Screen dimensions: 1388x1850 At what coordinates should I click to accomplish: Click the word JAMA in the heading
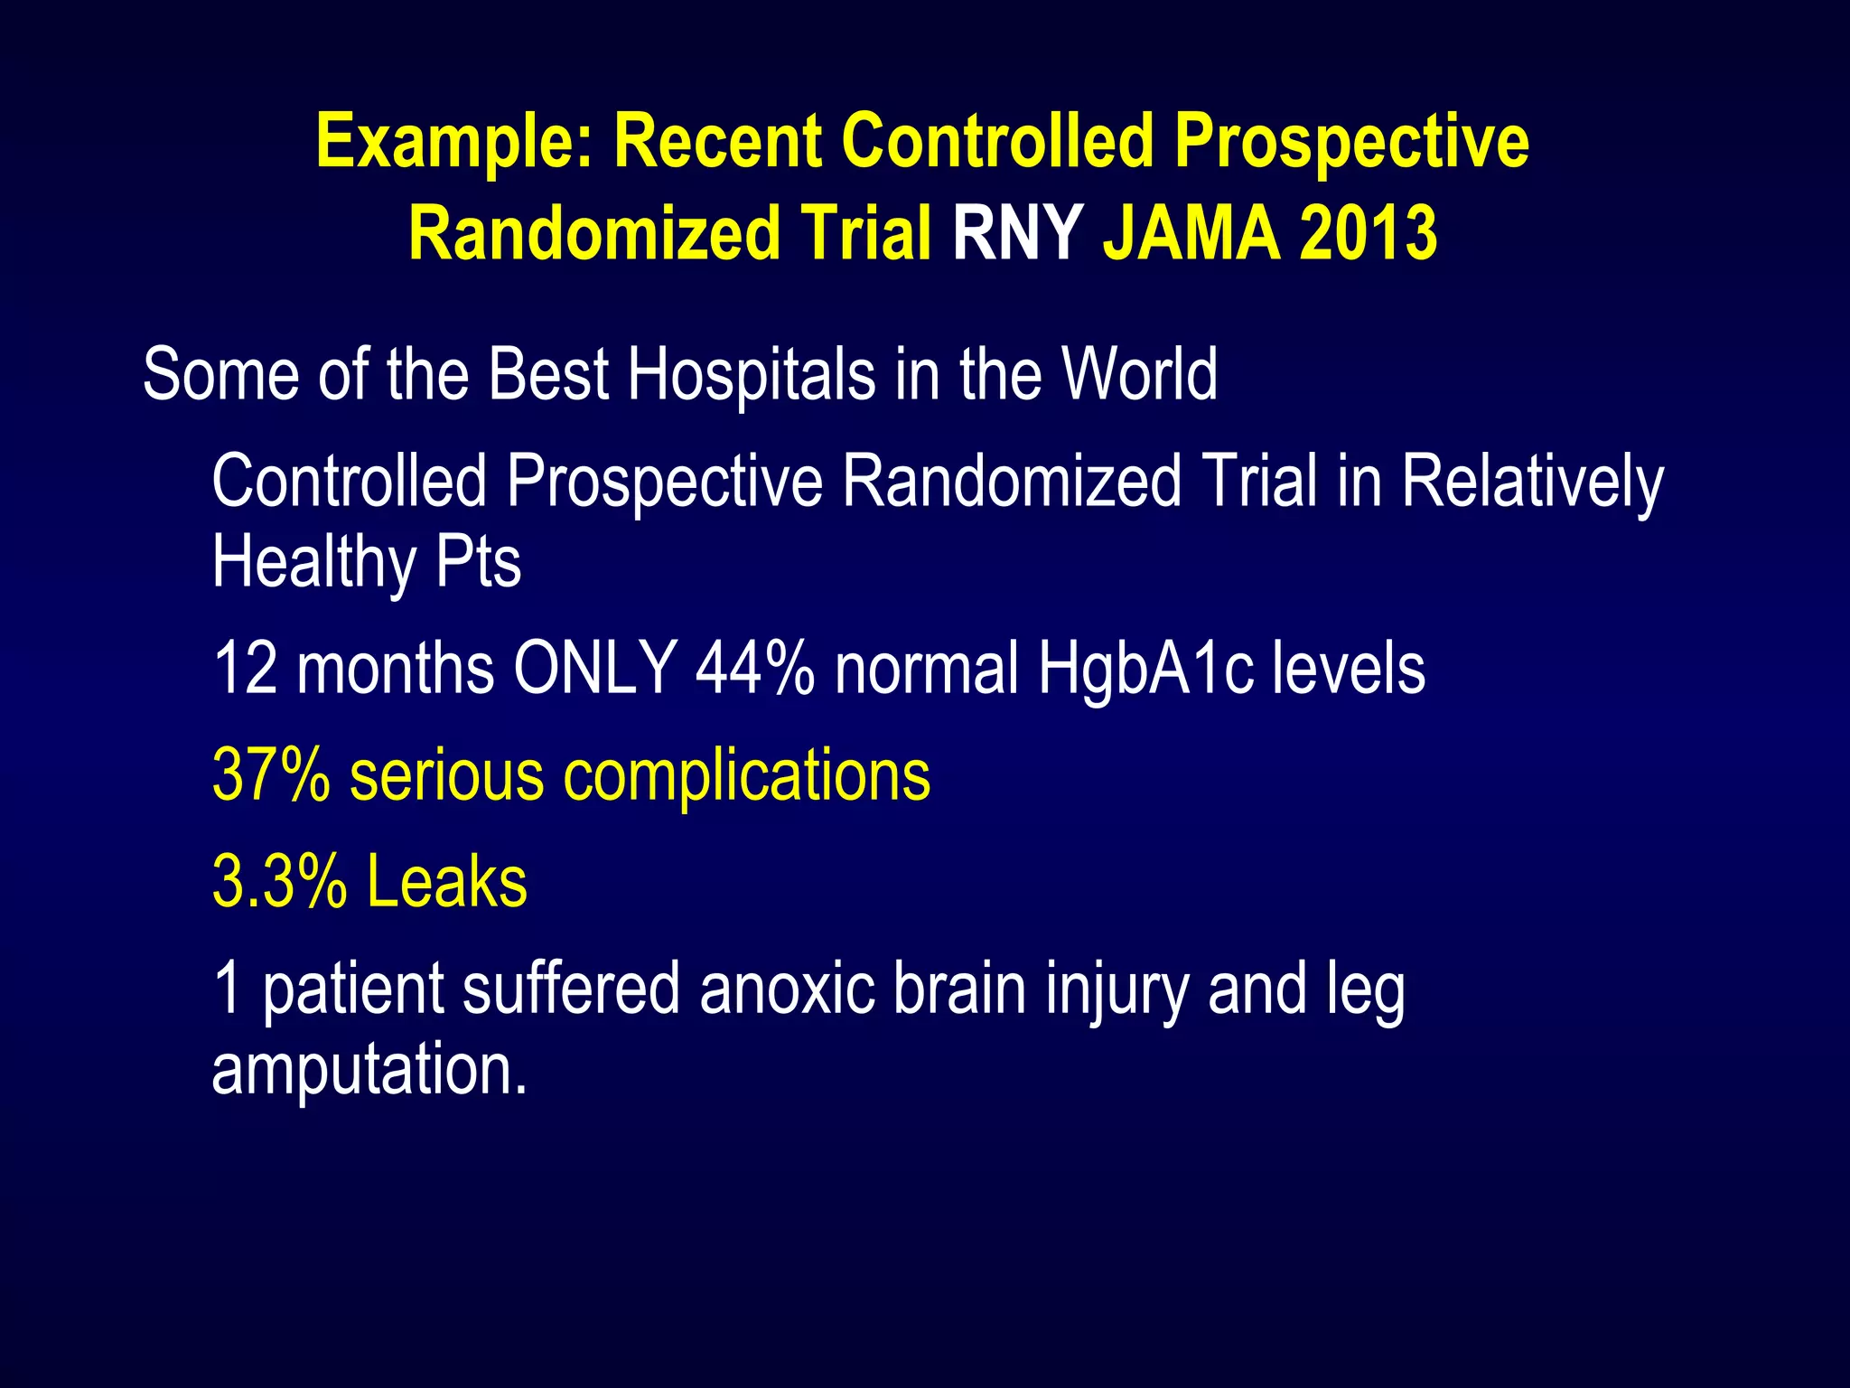click(1191, 234)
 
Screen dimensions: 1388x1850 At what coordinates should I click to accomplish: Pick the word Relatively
click(1532, 483)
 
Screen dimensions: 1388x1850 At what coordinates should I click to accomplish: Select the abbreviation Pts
click(479, 563)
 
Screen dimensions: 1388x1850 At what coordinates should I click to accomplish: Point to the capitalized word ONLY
click(595, 669)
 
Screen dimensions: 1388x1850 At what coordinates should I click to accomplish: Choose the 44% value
click(755, 669)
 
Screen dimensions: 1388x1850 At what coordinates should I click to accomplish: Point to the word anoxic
click(787, 989)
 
